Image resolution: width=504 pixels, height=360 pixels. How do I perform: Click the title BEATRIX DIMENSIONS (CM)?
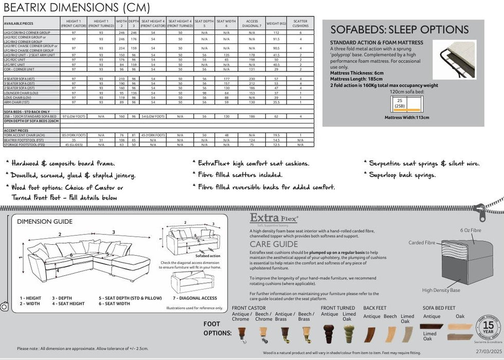(77, 8)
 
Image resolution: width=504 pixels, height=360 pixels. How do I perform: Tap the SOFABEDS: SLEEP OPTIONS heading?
(399, 29)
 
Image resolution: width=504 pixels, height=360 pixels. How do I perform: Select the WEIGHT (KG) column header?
(277, 23)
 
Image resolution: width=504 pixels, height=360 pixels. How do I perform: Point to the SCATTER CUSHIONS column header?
(301, 23)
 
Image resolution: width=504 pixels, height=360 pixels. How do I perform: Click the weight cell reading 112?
(277, 32)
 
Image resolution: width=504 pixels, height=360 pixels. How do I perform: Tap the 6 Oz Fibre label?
(471, 230)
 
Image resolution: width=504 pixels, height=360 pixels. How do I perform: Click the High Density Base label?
(440, 290)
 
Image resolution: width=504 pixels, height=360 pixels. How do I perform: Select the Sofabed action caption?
(208, 256)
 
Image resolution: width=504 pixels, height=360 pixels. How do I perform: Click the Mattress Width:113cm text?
(406, 117)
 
